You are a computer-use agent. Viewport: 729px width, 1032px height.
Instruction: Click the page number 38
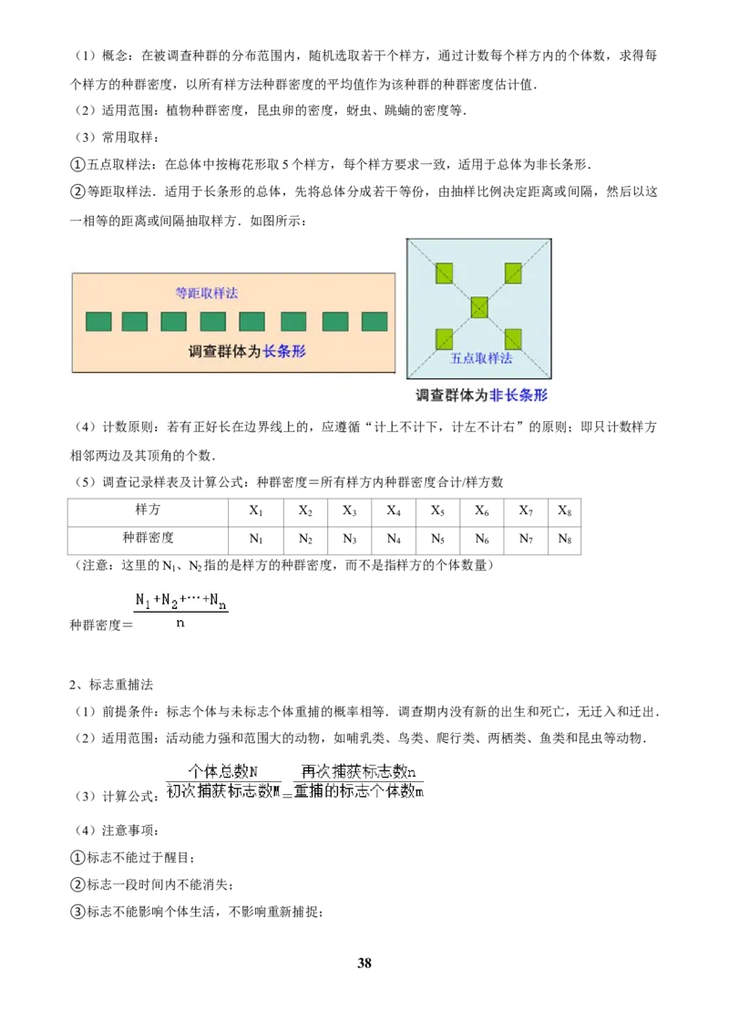point(364,963)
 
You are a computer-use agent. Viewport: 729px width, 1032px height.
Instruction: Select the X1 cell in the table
point(256,511)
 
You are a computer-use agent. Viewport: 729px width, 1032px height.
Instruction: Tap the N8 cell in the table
point(564,540)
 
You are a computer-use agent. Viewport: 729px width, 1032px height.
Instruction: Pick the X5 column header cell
point(437,511)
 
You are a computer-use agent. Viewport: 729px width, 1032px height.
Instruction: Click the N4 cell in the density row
point(394,540)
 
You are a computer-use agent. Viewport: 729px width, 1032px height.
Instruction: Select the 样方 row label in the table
point(148,511)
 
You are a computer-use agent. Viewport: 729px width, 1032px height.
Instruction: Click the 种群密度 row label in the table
point(148,538)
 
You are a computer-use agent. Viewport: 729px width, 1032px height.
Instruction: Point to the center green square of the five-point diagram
point(479,307)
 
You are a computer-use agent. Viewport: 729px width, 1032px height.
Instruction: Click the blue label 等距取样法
point(207,294)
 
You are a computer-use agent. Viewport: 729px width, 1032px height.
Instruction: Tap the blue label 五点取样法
point(481,358)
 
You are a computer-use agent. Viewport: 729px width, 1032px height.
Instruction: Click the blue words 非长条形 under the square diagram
point(519,395)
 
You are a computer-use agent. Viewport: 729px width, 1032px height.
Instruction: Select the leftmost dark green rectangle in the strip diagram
point(98,321)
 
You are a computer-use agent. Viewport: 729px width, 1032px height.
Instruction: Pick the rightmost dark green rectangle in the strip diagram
point(375,321)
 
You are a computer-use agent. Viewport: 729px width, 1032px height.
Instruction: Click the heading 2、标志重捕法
point(111,685)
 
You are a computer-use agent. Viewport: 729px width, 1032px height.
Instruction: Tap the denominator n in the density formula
point(180,623)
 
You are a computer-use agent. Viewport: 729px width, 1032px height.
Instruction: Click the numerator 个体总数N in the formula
point(223,770)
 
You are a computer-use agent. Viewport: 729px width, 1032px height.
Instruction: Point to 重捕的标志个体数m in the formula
point(359,790)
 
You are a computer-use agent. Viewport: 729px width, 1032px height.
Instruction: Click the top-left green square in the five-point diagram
point(444,273)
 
